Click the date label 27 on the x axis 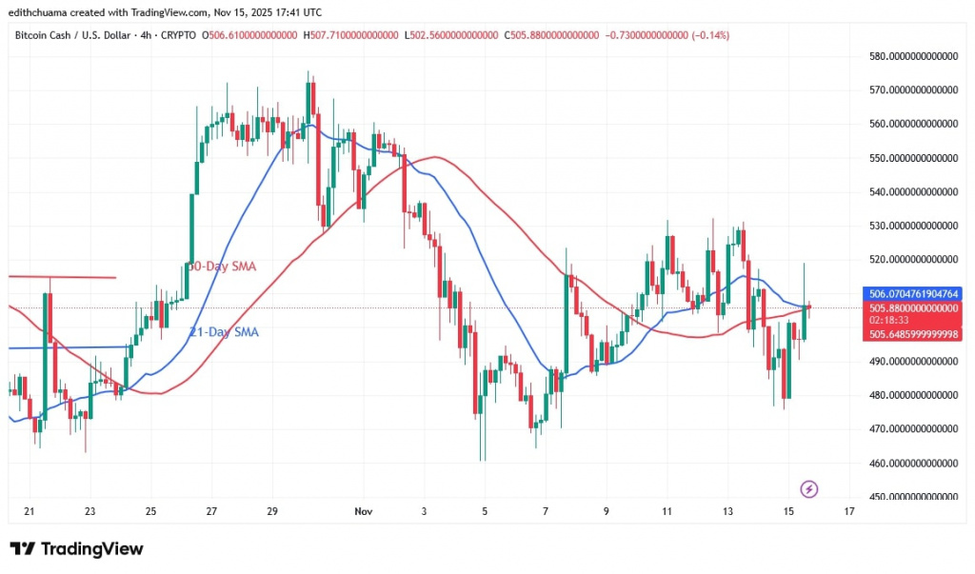coord(211,511)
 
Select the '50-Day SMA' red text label coord(222,267)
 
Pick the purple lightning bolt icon coord(809,489)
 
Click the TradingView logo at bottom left coord(76,549)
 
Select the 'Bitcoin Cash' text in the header coord(45,35)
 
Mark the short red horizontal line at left coord(61,277)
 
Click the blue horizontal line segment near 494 coord(67,347)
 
